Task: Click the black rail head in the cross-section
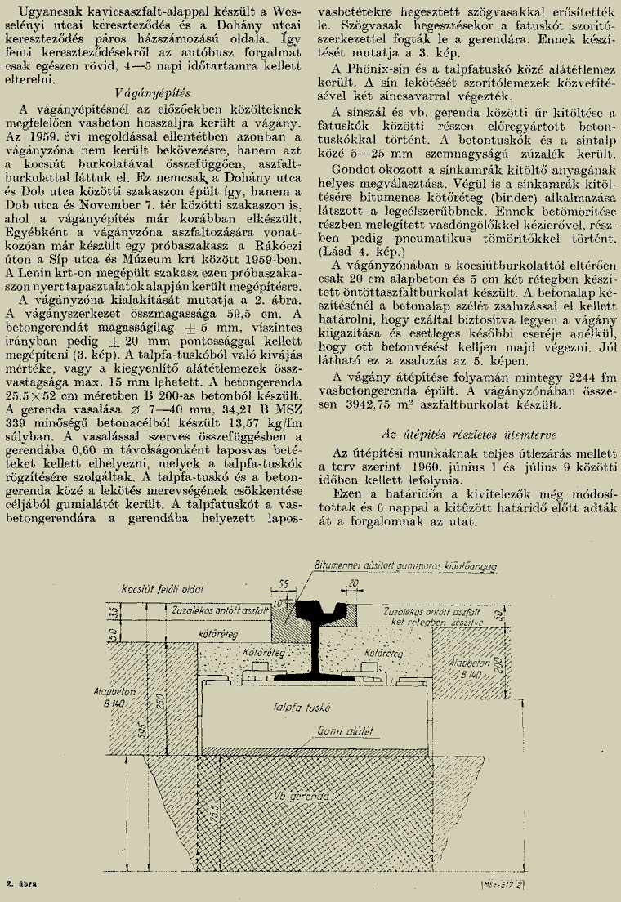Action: (319, 609)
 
